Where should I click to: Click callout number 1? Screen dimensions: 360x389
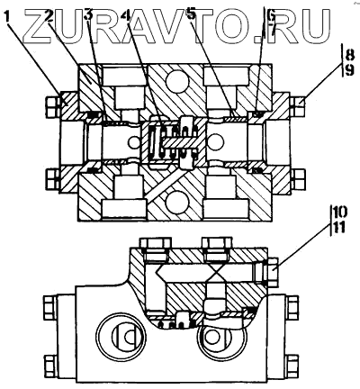tap(8, 16)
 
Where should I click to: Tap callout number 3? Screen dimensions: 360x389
tap(88, 16)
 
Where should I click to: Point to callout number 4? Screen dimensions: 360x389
tap(129, 16)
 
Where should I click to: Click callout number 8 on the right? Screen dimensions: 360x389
tap(349, 55)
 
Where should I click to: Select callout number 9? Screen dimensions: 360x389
tap(349, 71)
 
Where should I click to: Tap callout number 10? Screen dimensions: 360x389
tap(339, 213)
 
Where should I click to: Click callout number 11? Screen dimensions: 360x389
tap(339, 228)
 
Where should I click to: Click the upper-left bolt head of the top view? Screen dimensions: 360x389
tap(51, 107)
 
